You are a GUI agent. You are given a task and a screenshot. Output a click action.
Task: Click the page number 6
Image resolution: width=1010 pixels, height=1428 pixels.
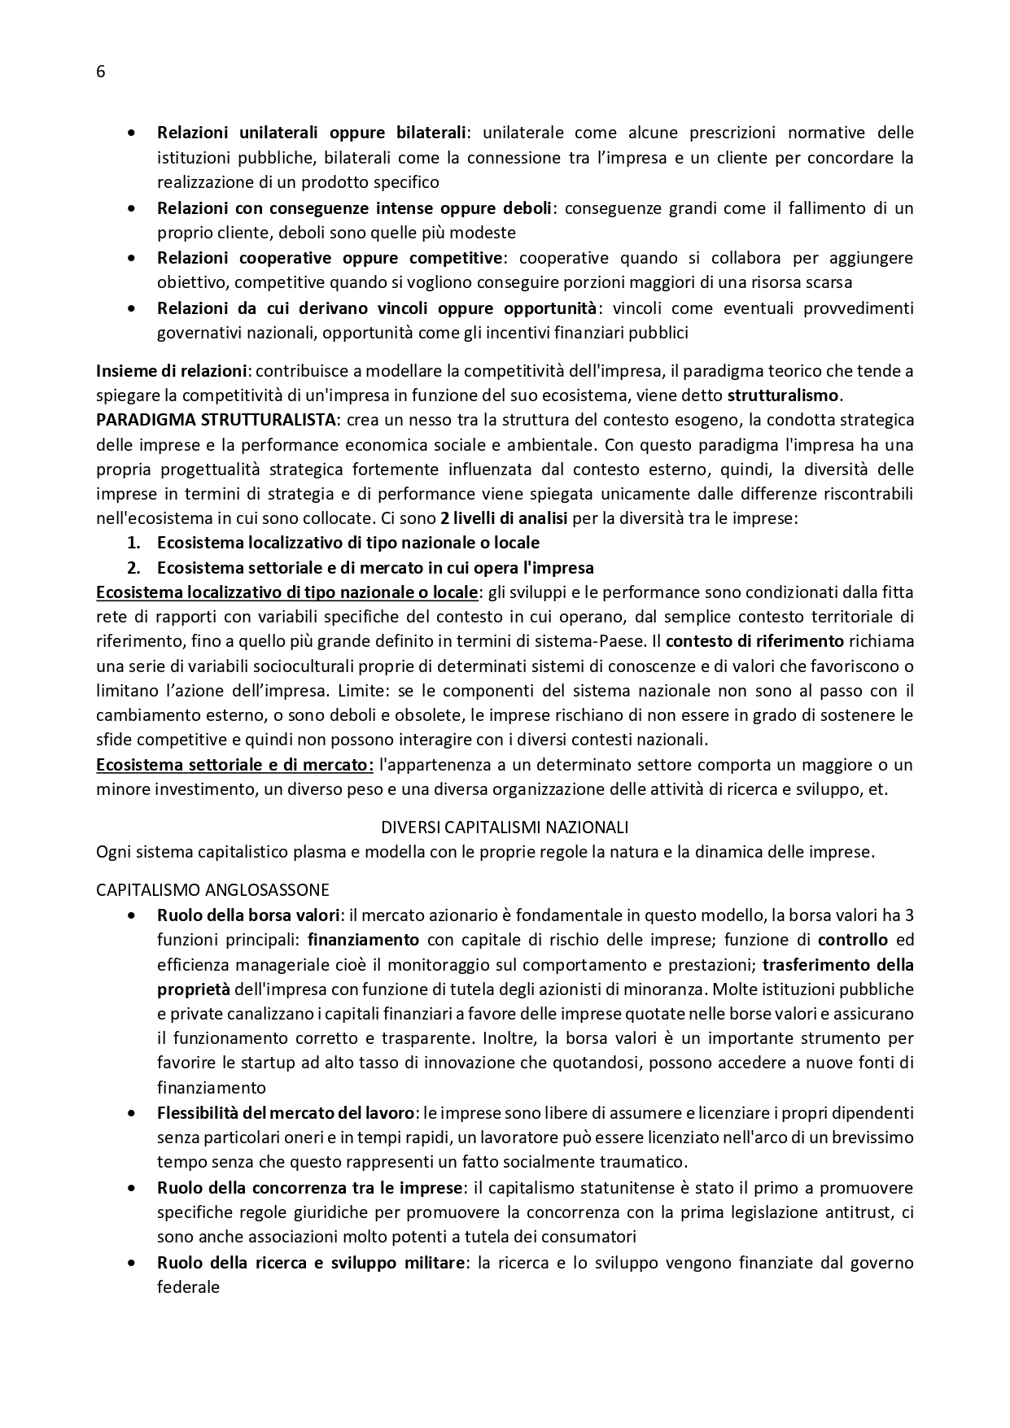click(100, 72)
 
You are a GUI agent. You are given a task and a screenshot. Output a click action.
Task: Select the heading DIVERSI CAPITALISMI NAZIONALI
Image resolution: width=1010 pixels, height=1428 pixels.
click(505, 828)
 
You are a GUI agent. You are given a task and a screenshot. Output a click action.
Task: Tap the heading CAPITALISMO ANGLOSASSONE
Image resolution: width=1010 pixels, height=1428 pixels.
click(212, 889)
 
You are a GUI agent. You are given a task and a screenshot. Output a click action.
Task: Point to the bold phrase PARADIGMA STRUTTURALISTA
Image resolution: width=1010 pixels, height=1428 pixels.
click(216, 421)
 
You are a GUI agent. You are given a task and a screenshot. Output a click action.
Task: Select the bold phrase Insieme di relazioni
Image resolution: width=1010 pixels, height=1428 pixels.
click(171, 371)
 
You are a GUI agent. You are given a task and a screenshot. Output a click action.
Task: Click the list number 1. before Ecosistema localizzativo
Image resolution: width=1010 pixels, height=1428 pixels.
click(134, 543)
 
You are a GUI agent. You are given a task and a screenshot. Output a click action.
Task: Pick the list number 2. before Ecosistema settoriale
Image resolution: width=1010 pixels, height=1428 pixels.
click(134, 568)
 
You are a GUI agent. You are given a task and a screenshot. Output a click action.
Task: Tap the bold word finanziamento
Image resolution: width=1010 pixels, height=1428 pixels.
click(363, 940)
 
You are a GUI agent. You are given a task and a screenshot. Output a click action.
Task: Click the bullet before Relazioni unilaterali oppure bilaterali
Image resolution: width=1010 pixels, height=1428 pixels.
click(131, 133)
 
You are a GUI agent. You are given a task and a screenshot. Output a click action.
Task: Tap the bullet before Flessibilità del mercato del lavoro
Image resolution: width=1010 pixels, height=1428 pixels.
click(131, 1112)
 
